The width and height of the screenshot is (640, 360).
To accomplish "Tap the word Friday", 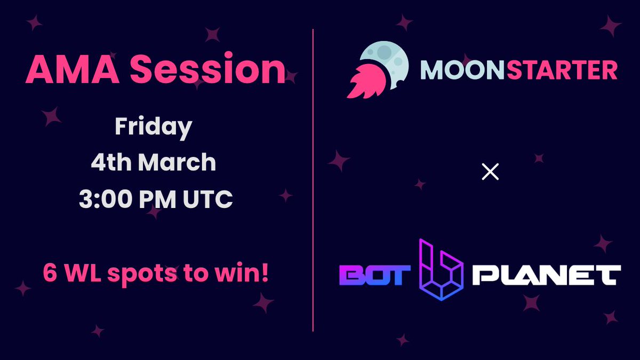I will (154, 127).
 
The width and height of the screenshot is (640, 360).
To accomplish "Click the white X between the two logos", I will (490, 172).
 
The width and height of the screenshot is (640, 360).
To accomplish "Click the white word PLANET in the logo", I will (546, 275).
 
